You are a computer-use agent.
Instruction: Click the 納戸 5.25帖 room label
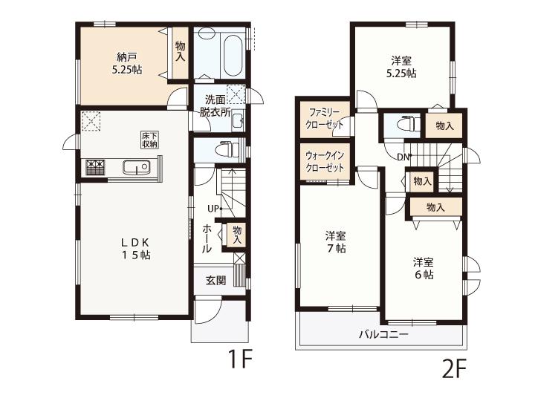[x=126, y=63]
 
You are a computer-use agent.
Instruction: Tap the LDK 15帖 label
[x=136, y=249]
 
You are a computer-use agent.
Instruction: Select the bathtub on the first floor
[x=233, y=54]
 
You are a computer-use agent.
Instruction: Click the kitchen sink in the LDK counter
[x=136, y=167]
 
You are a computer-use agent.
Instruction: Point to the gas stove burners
[x=96, y=167]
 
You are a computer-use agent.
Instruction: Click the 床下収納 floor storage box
[x=149, y=140]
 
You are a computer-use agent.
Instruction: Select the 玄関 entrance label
[x=215, y=281]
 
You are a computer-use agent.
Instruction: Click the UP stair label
[x=213, y=209]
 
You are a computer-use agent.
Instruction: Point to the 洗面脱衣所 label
[x=215, y=106]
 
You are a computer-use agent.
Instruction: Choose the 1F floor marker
[x=241, y=359]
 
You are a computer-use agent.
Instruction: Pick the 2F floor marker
[x=454, y=369]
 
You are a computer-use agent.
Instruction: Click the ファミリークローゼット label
[x=325, y=119]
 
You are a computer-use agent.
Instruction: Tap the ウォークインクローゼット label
[x=325, y=161]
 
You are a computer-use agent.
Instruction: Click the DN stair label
[x=403, y=157]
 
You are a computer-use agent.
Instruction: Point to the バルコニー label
[x=383, y=334]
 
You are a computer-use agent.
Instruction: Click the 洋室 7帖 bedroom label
[x=336, y=242]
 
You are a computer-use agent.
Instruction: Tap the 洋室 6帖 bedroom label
[x=424, y=268]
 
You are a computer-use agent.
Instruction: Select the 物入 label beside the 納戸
[x=180, y=51]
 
